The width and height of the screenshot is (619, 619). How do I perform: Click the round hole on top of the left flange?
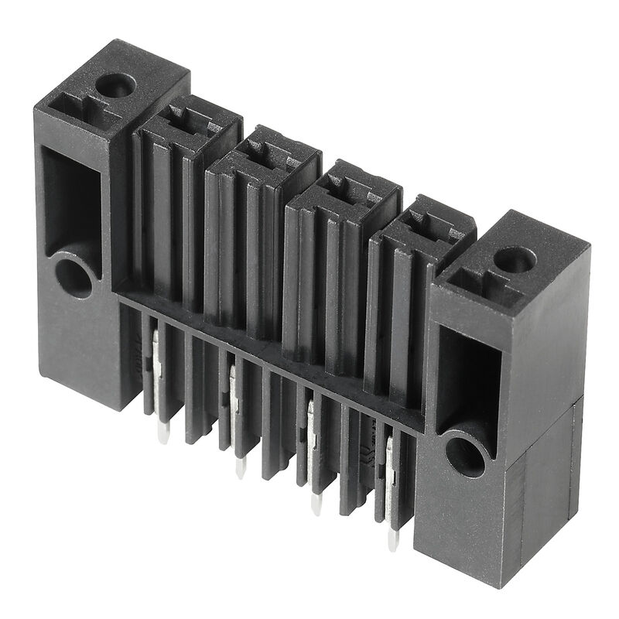tap(115, 84)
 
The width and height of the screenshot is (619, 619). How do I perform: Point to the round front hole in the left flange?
tap(74, 277)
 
